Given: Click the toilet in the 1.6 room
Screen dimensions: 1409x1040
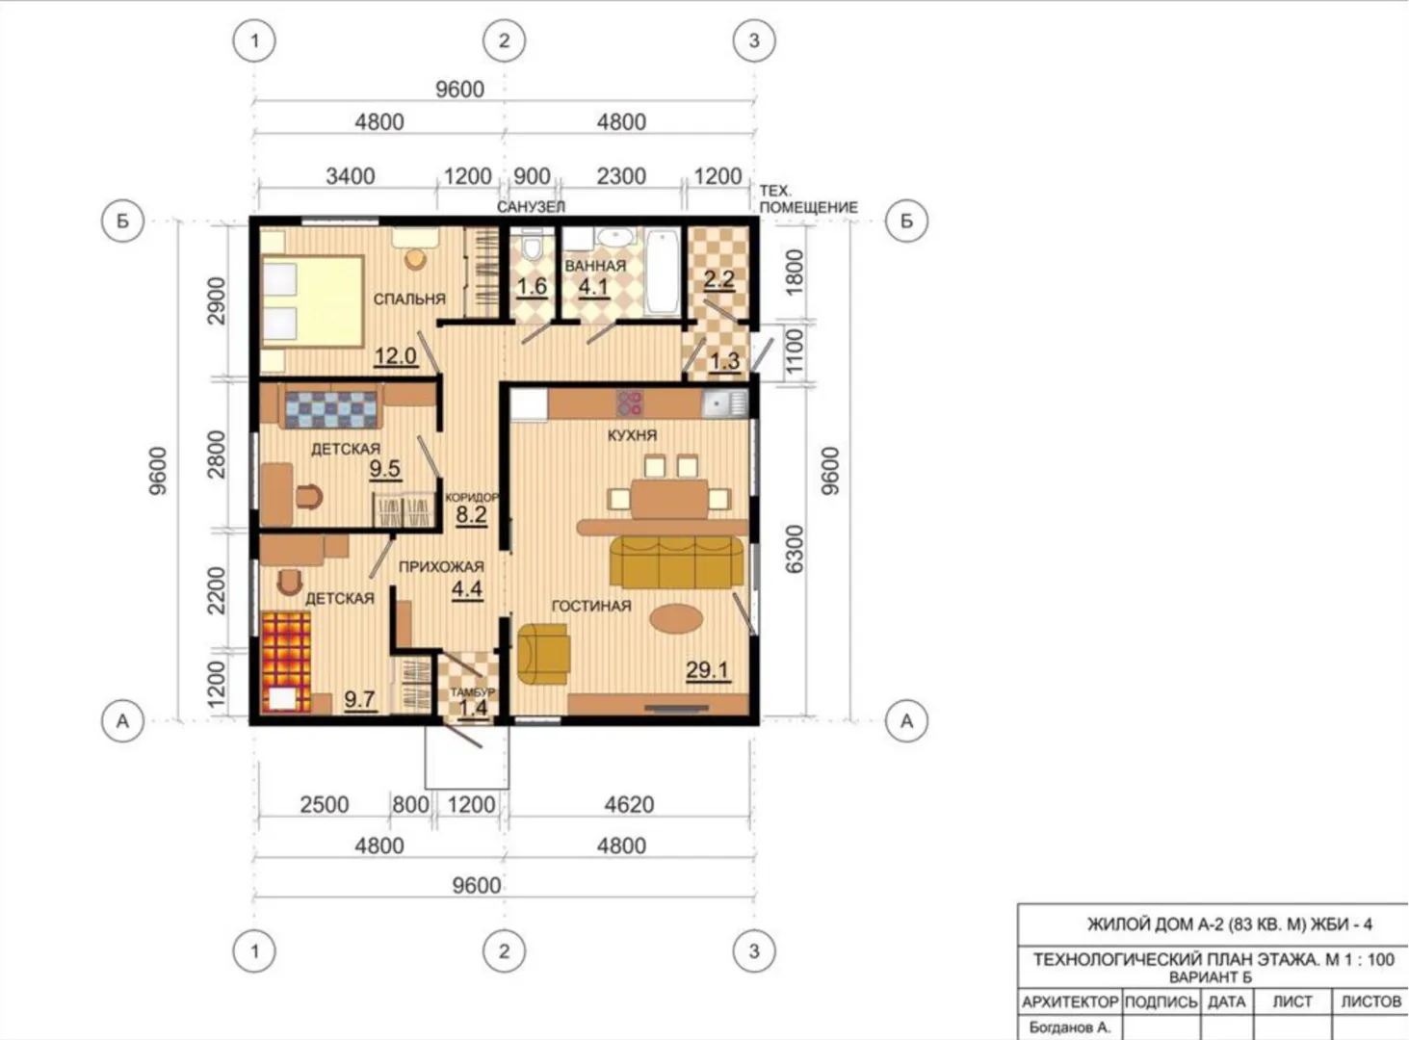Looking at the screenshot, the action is [532, 244].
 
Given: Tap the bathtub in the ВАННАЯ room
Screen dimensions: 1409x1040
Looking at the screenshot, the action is [664, 272].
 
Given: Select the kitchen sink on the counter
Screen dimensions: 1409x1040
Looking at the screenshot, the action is [724, 403].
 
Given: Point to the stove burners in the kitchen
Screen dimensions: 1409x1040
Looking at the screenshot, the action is [630, 403].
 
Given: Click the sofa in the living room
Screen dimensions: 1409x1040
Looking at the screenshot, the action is [676, 562].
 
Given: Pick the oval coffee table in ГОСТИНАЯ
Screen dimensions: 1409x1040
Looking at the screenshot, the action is [676, 617].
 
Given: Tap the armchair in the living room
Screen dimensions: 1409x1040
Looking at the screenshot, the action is [543, 655].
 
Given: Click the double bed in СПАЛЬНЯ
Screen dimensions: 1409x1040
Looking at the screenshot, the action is [312, 301].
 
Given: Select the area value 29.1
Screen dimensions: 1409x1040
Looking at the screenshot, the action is [707, 670].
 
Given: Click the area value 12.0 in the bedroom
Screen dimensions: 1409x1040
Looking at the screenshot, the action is [395, 356].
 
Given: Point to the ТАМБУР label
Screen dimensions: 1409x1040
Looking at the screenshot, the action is [473, 692].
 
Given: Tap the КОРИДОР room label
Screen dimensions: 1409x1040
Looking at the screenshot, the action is [472, 498].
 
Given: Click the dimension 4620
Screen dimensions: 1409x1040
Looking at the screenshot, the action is [629, 805].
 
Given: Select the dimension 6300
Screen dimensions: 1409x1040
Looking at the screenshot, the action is [795, 550].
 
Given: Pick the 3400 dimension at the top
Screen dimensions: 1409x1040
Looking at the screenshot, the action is [350, 176].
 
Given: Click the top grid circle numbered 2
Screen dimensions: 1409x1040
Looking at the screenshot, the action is [505, 40].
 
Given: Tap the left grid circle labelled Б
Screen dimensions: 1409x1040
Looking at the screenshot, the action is [122, 221].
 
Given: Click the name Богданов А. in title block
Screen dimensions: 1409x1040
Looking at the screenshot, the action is [1070, 1027].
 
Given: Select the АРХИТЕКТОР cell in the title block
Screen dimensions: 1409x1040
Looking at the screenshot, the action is [1070, 1002].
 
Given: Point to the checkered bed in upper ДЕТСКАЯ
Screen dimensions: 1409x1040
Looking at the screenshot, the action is [331, 410].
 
